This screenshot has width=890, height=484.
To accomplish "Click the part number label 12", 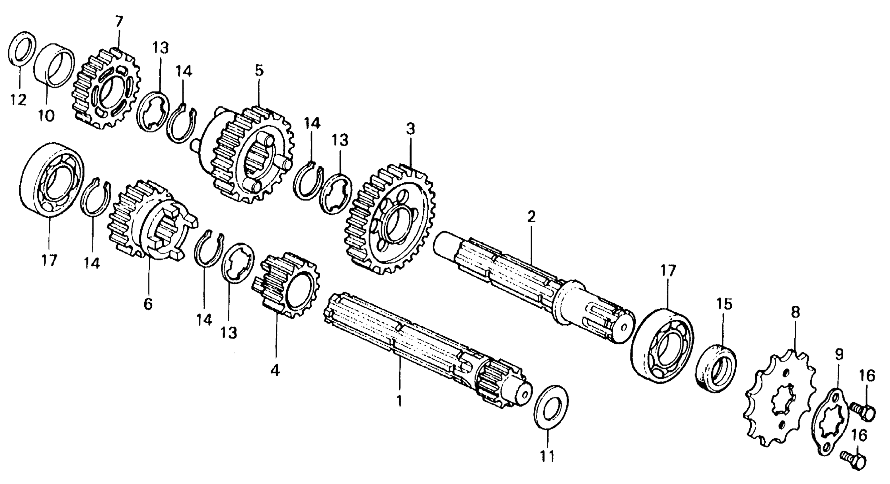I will click(18, 100).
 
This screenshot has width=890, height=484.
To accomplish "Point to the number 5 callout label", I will click(259, 71).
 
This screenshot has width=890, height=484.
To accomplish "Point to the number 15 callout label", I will click(725, 304).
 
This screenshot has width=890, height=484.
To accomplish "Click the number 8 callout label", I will click(795, 313).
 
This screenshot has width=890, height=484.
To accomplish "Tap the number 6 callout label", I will click(148, 305).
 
